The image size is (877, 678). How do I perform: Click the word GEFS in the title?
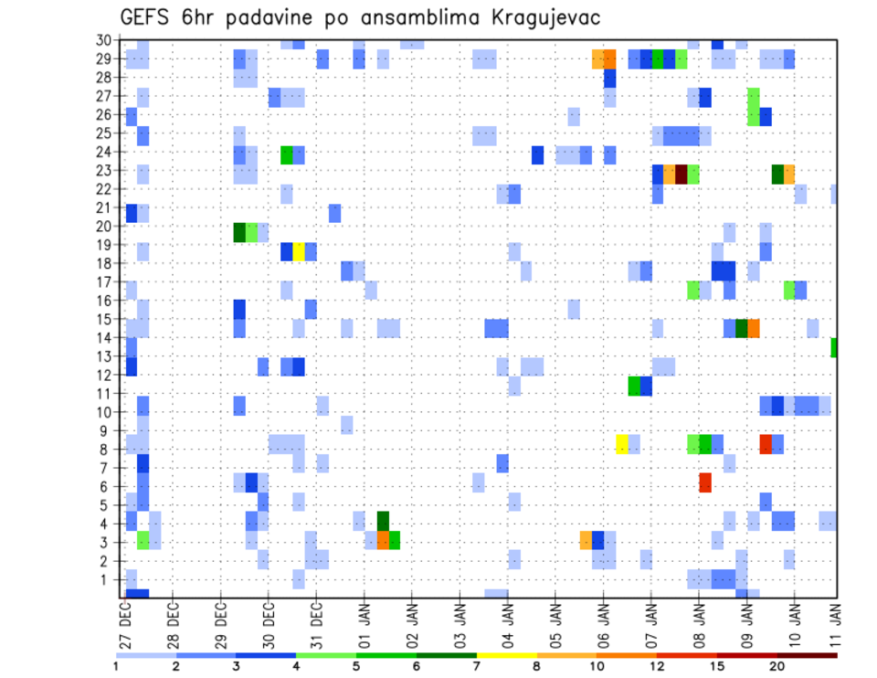pyautogui.click(x=147, y=17)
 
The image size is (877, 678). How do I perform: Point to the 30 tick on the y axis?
pyautogui.click(x=105, y=39)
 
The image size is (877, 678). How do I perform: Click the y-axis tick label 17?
pyautogui.click(x=105, y=282)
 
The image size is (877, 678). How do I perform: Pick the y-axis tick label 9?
pyautogui.click(x=109, y=431)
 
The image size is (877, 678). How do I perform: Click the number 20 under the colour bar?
pyautogui.click(x=777, y=665)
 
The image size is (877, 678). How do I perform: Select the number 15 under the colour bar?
pyautogui.click(x=717, y=665)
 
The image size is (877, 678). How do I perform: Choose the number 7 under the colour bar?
pyautogui.click(x=478, y=665)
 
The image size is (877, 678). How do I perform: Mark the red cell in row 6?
pyautogui.click(x=705, y=482)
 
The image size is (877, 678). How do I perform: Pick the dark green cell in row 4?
pyautogui.click(x=383, y=521)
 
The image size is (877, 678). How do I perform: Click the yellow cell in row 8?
pyautogui.click(x=622, y=444)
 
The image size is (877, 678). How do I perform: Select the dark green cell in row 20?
pyautogui.click(x=239, y=232)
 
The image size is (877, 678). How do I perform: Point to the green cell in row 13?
pyautogui.click(x=834, y=347)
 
